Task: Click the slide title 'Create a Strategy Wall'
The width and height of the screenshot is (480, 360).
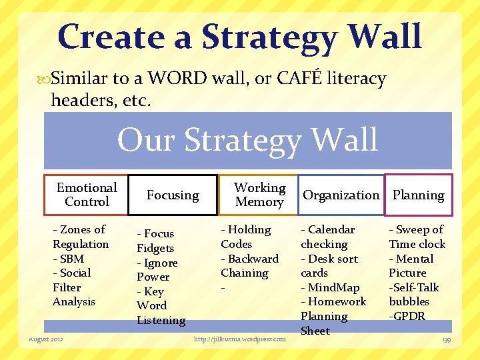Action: click(240, 37)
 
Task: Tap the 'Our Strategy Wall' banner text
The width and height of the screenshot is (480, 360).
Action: click(247, 140)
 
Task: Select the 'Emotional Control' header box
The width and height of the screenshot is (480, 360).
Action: click(86, 195)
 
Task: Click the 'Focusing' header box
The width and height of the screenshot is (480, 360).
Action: click(173, 195)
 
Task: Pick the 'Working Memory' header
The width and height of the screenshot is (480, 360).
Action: click(259, 195)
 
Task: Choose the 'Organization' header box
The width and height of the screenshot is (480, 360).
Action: click(341, 195)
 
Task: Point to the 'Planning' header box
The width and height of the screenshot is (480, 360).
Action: click(418, 195)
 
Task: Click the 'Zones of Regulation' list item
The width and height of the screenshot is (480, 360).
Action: click(80, 237)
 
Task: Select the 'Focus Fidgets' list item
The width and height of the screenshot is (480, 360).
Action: click(156, 241)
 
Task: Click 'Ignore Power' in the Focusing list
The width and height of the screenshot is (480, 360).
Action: click(157, 269)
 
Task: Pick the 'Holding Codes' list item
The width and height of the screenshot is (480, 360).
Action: click(246, 237)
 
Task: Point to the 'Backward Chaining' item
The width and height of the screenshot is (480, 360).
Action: click(249, 266)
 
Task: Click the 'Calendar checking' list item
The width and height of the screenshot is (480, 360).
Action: click(327, 237)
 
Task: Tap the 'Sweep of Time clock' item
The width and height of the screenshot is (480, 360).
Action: click(417, 237)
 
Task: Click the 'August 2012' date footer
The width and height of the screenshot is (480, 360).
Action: click(46, 339)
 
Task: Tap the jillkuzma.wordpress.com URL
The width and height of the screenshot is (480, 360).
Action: click(239, 339)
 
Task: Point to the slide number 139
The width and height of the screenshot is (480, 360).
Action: click(446, 339)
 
